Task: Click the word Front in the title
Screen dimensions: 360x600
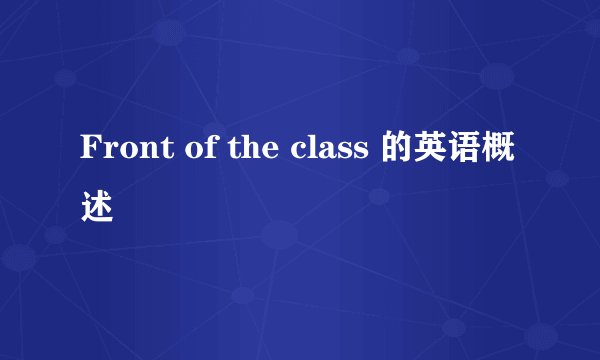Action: pyautogui.click(x=118, y=151)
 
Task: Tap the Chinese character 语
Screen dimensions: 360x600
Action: pyautogui.click(x=472, y=151)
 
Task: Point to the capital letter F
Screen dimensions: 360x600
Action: pyautogui.click(x=89, y=151)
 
